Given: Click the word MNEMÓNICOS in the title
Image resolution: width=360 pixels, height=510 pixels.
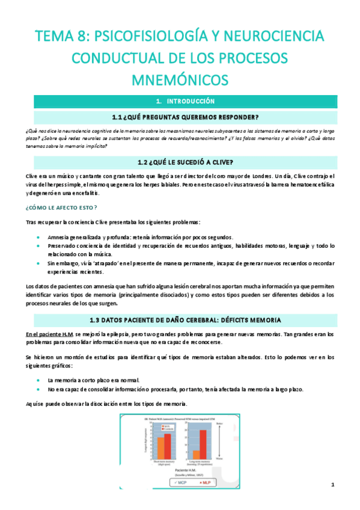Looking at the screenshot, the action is click(180, 79).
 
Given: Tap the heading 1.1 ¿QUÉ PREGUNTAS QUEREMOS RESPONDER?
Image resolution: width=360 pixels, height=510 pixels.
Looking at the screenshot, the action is click(180, 116).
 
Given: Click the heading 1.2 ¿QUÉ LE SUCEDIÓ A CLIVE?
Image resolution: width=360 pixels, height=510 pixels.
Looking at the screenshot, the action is click(180, 162).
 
